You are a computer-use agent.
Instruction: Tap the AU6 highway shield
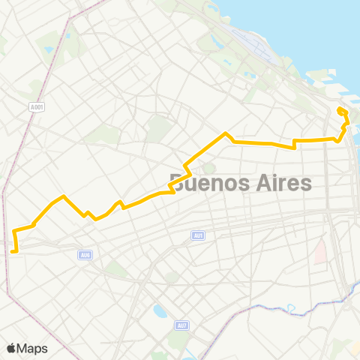pyautogui.click(x=85, y=255)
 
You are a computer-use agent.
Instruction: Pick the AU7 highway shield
pyautogui.click(x=181, y=325)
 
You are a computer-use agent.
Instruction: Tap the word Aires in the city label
pyautogui.click(x=283, y=183)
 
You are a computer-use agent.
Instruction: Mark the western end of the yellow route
pyautogui.click(x=13, y=252)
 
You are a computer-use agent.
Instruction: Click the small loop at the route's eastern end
pyautogui.click(x=342, y=112)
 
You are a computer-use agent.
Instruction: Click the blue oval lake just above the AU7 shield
pyautogui.click(x=160, y=310)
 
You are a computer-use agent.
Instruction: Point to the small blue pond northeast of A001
pyautogui.click(x=49, y=49)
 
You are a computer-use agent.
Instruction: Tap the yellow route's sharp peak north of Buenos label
pyautogui.click(x=226, y=133)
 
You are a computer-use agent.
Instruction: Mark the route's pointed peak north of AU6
pyautogui.click(x=64, y=196)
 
